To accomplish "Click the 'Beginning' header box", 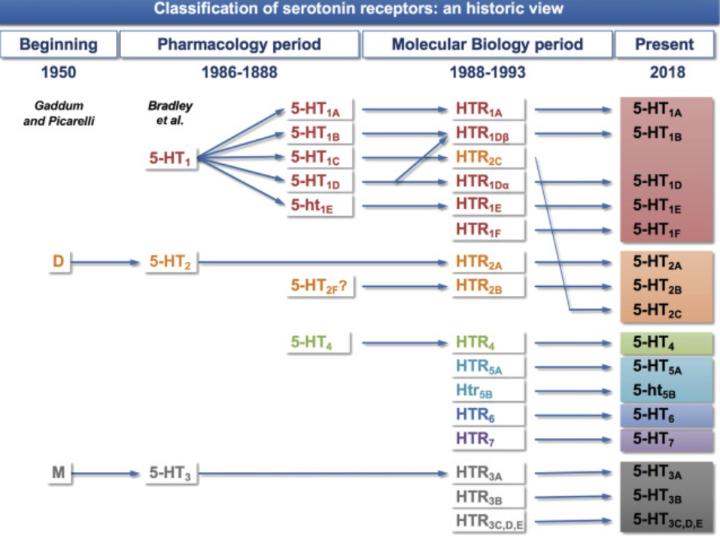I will pos(58,44).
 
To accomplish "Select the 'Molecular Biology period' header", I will pos(487,44).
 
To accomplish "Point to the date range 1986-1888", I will pos(239,73).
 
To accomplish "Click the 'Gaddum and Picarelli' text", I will pos(59,113).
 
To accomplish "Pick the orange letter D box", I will pos(58,262).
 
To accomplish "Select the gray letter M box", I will pos(58,473).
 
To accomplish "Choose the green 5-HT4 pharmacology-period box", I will pos(318,343).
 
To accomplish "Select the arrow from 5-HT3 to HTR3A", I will pos(324,474).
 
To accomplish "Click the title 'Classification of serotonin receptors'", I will pos(360,10).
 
